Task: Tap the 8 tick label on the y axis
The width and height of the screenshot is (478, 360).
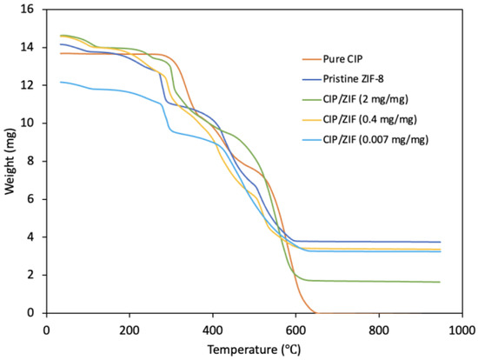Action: pyautogui.click(x=32, y=161)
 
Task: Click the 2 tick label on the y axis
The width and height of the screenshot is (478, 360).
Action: pyautogui.click(x=32, y=275)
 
